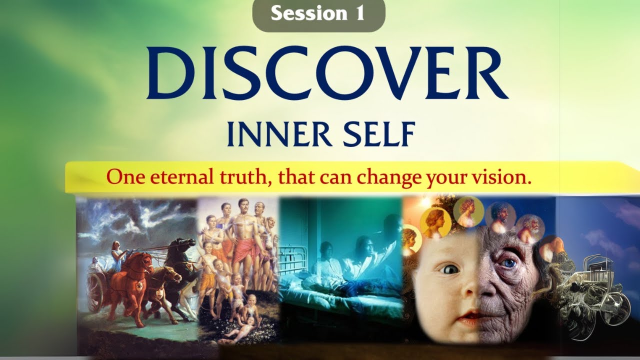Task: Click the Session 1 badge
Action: (x=318, y=14)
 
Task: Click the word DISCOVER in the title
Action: (x=327, y=73)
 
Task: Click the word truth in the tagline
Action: (x=248, y=177)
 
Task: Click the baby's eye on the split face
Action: (x=449, y=268)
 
